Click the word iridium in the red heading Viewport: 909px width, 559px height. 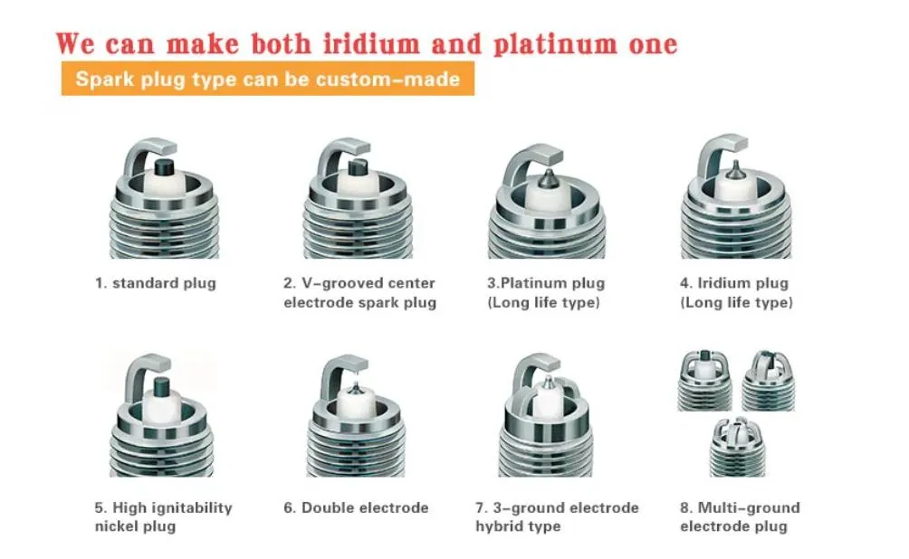click(x=371, y=44)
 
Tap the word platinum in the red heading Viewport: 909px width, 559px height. click(x=556, y=45)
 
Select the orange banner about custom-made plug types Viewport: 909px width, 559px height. click(x=268, y=79)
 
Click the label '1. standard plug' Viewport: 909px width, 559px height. click(x=156, y=283)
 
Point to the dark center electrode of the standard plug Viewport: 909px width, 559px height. click(x=164, y=166)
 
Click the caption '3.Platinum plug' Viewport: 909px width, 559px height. click(x=546, y=283)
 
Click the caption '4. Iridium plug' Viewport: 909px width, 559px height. click(x=734, y=283)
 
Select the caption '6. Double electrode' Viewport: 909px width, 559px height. click(x=356, y=508)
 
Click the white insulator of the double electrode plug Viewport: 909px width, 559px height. click(x=355, y=401)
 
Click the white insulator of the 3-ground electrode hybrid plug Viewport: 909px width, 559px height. click(x=547, y=400)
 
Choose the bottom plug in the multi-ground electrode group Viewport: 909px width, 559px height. click(x=737, y=447)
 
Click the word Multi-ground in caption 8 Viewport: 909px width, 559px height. click(x=749, y=508)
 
